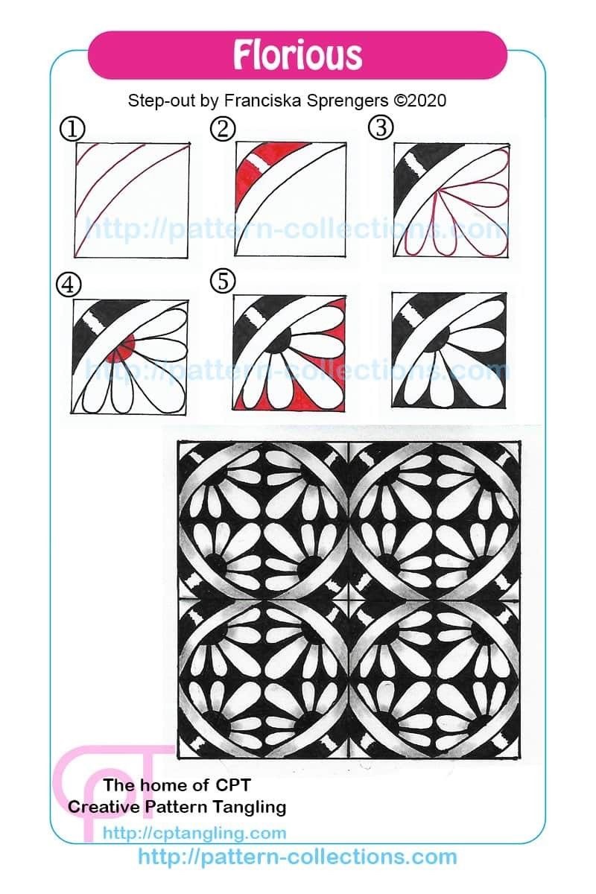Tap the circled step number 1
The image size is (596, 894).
tap(72, 129)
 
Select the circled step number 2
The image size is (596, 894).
tap(223, 128)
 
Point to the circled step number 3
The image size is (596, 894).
tap(381, 127)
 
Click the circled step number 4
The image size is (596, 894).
tap(69, 286)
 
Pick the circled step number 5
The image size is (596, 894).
tap(223, 280)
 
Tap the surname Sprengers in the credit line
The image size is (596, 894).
tap(349, 101)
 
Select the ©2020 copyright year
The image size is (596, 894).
tap(420, 101)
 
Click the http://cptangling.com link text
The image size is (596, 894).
tap(194, 834)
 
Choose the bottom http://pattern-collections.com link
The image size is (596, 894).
tap(297, 857)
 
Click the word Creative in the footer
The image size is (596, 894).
tap(104, 807)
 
